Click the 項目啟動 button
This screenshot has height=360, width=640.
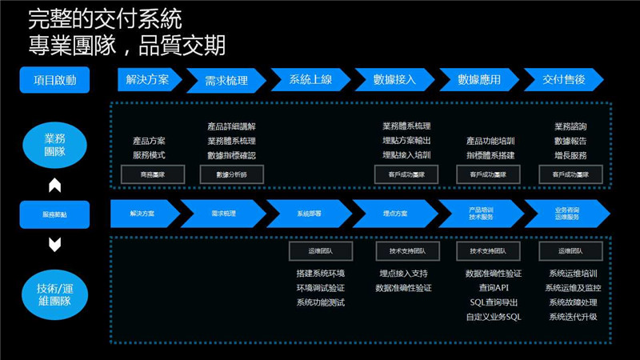click(x=54, y=80)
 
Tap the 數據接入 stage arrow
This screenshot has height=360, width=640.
click(x=394, y=80)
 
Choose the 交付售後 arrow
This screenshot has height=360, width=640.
click(x=563, y=80)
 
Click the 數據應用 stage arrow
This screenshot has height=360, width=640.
click(x=479, y=80)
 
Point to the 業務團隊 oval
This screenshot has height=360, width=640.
click(x=54, y=145)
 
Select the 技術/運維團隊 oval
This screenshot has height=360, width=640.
click(x=54, y=294)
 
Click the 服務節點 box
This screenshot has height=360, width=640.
click(x=54, y=214)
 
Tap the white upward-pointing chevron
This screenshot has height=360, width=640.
click(x=54, y=186)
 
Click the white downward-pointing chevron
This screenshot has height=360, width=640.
click(x=54, y=245)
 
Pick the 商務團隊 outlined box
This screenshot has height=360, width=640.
click(x=152, y=174)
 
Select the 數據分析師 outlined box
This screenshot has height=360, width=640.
click(x=231, y=174)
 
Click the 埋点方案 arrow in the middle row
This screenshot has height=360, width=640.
click(x=394, y=214)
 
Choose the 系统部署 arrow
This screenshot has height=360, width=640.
click(x=309, y=214)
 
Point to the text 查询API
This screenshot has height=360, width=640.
click(x=494, y=288)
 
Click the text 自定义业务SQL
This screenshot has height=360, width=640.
click(x=494, y=317)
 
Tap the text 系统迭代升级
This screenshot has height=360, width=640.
click(x=573, y=317)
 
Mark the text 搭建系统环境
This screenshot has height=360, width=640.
click(x=320, y=274)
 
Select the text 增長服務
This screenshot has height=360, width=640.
click(x=570, y=155)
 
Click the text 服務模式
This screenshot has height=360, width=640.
click(x=149, y=155)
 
